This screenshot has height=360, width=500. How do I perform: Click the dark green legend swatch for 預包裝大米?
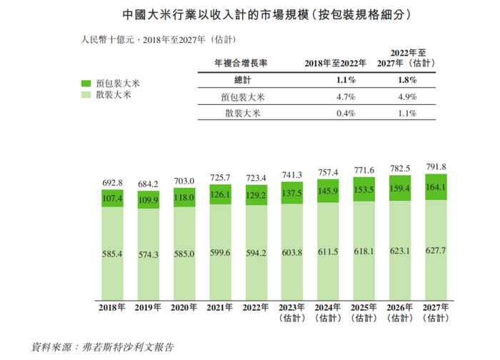[86, 83]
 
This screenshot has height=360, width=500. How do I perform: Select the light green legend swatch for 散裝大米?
[86, 94]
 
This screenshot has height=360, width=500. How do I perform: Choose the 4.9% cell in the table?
[407, 97]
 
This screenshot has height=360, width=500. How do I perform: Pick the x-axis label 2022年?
[256, 308]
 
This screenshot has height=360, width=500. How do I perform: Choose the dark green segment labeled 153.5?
[364, 189]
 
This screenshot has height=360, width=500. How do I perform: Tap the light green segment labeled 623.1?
[401, 252]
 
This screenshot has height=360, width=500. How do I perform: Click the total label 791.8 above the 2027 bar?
[438, 166]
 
